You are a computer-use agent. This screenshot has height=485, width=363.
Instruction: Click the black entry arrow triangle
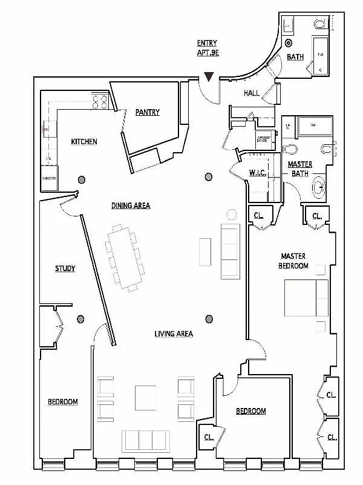tap(209, 77)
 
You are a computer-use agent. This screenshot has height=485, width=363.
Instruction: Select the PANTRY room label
tap(147, 112)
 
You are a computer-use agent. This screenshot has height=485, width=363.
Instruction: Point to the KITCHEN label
tap(84, 142)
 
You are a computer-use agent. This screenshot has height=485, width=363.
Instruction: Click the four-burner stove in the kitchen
tap(100, 102)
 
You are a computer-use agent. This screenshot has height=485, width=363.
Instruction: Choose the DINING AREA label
tap(130, 206)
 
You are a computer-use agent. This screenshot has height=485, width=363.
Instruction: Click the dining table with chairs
tap(124, 256)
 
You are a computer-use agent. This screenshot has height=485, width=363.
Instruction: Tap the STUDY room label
tap(65, 269)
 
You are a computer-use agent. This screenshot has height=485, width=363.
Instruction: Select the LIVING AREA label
tap(173, 333)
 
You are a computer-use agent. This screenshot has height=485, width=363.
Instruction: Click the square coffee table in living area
tap(145, 398)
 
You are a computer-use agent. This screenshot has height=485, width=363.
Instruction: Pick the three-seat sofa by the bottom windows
tap(145, 439)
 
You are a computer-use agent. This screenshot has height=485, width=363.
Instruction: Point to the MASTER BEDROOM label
tap(293, 261)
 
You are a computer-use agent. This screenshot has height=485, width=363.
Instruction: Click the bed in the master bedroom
tap(307, 298)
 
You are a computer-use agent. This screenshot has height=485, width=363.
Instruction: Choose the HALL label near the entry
tap(252, 93)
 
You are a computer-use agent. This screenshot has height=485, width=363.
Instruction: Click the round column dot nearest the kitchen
tap(81, 179)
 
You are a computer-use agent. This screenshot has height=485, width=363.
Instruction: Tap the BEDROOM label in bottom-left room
tap(63, 401)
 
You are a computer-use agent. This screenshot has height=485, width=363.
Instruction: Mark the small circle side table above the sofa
tap(231, 214)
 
